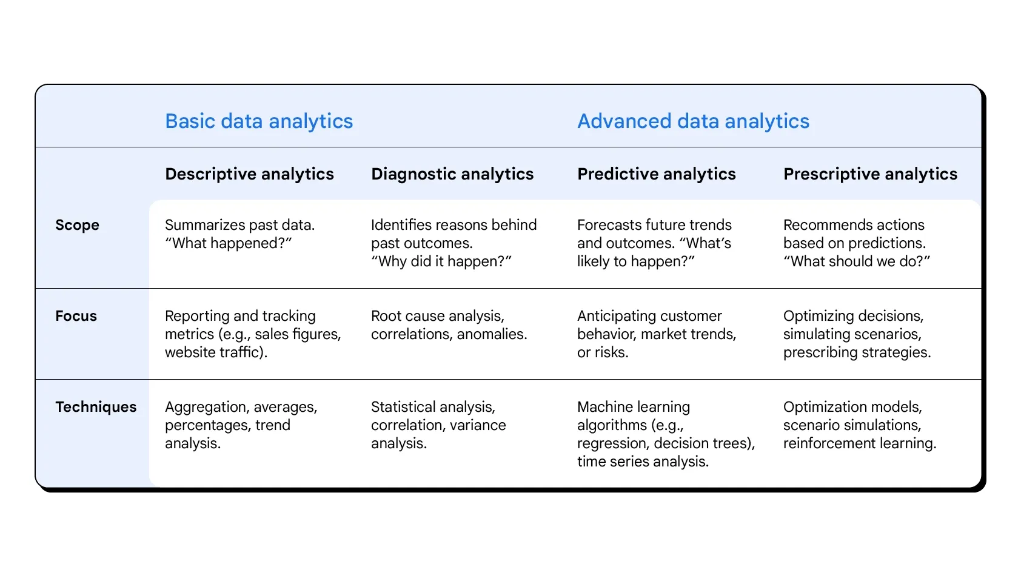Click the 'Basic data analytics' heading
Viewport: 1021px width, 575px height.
click(x=259, y=121)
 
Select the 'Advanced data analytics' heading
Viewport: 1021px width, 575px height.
click(x=693, y=121)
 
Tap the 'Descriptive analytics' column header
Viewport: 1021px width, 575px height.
click(x=249, y=174)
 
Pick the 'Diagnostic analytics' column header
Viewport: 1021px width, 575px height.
click(x=452, y=174)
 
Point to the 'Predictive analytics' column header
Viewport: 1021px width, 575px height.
click(x=657, y=174)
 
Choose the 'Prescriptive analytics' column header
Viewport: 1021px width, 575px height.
click(x=870, y=174)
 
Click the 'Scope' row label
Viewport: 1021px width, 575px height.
click(x=77, y=225)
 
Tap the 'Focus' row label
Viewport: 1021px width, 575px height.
click(x=76, y=316)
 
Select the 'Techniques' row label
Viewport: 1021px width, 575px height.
click(x=96, y=407)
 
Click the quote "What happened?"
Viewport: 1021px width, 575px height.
click(x=229, y=243)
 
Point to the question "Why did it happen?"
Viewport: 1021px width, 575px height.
click(x=441, y=261)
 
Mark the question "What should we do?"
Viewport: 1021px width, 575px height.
click(x=857, y=261)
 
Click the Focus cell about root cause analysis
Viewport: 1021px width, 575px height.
click(x=449, y=325)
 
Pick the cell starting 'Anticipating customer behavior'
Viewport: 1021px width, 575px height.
click(x=657, y=334)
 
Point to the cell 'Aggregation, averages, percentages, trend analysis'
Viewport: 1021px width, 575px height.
click(x=241, y=425)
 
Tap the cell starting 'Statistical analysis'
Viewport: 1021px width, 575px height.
click(x=438, y=425)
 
